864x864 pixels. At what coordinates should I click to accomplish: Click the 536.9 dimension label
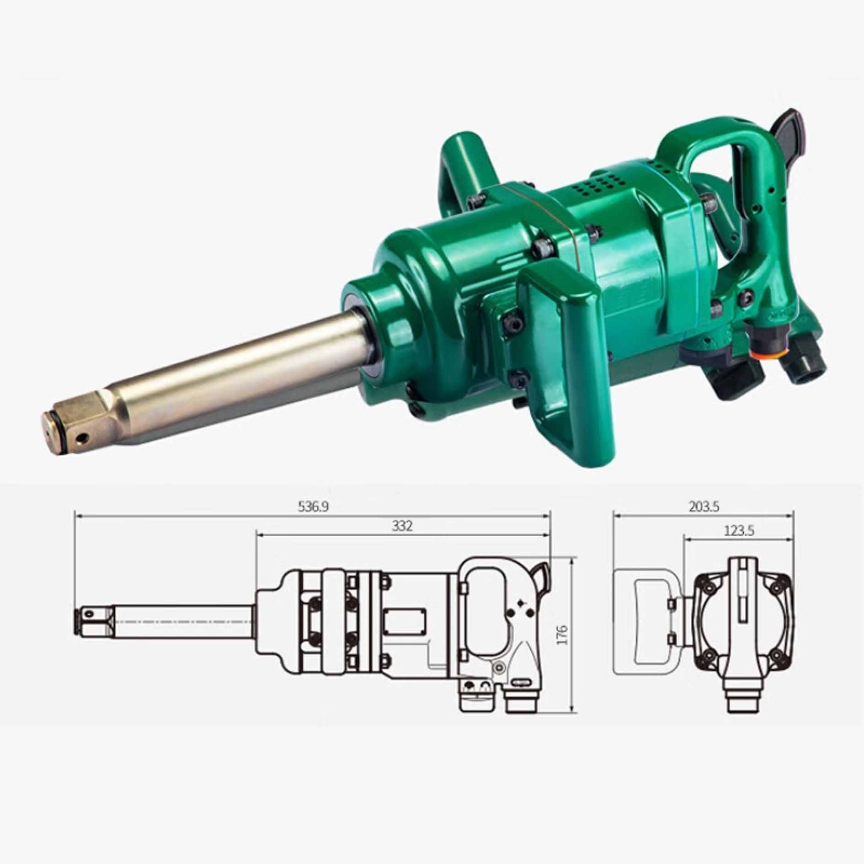pyautogui.click(x=313, y=506)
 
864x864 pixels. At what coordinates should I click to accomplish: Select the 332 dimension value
pyautogui.click(x=402, y=526)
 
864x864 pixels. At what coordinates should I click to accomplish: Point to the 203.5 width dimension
pyautogui.click(x=704, y=507)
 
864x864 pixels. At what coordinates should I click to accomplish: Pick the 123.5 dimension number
pyautogui.click(x=739, y=531)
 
